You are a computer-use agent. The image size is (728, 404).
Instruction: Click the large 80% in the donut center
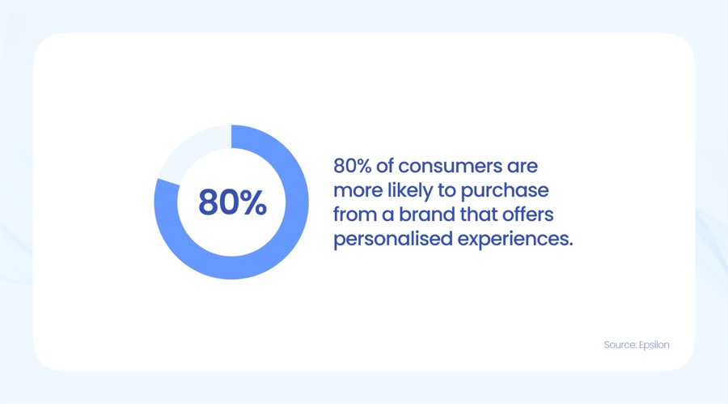pyautogui.click(x=232, y=202)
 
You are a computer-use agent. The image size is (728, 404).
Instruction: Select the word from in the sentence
pyautogui.click(x=352, y=215)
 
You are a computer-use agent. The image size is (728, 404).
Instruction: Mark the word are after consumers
pyautogui.click(x=522, y=166)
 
